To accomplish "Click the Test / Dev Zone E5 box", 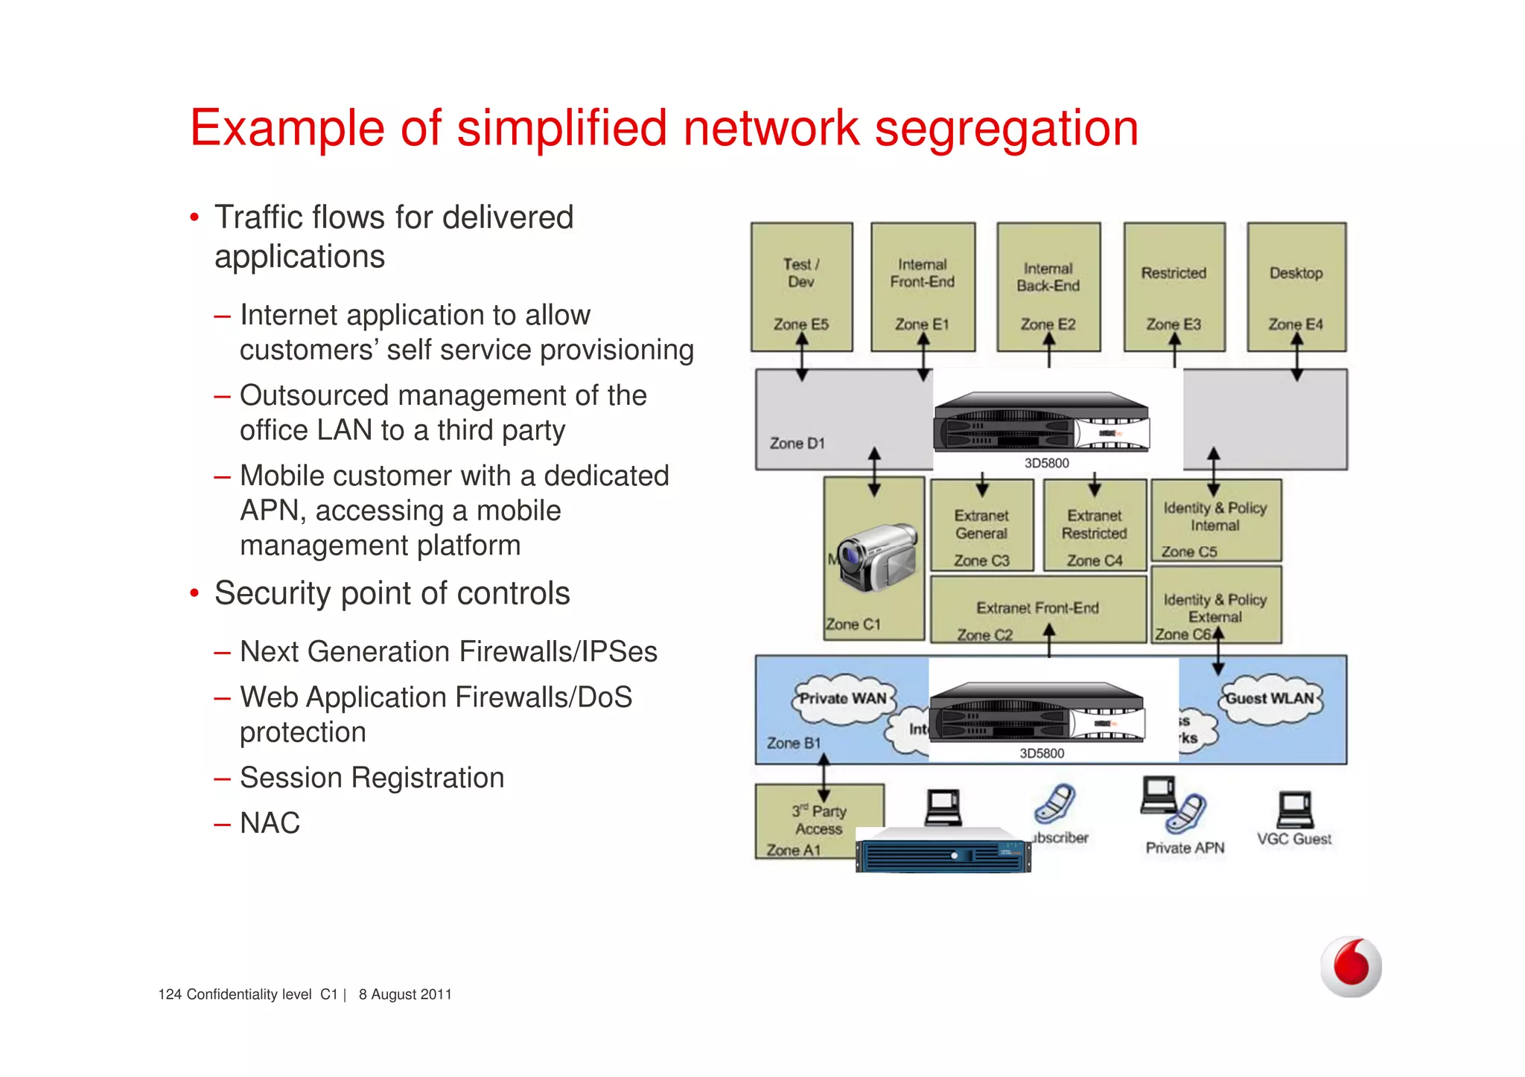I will point(801,287).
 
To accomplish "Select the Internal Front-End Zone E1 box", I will point(923,287).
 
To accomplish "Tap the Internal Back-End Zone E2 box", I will point(1048,287).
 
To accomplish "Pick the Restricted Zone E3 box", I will point(1174,287).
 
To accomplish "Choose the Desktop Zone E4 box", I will point(1296,287).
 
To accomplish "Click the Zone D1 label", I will point(797,444).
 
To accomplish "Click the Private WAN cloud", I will point(842,699).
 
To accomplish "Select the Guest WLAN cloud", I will point(1270,699).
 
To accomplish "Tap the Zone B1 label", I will point(794,743).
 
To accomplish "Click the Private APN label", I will point(1185,848).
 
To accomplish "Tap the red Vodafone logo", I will point(1351,966).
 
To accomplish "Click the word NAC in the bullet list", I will point(270,823).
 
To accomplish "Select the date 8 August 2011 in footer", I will point(405,994).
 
